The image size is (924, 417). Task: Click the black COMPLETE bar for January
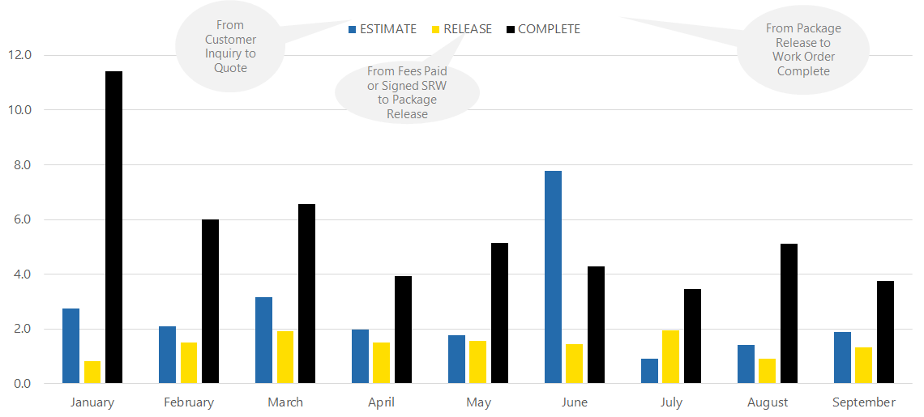(x=114, y=227)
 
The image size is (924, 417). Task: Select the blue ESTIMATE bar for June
(x=553, y=277)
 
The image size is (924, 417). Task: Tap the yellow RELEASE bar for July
(x=671, y=356)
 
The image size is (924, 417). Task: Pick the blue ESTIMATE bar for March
(x=263, y=340)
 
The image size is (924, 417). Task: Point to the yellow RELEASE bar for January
(x=92, y=372)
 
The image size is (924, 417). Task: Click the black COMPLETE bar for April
(x=403, y=330)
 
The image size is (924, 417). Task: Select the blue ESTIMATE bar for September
(x=842, y=357)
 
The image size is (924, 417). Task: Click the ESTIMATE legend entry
(x=383, y=29)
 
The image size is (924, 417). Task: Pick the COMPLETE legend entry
(x=543, y=29)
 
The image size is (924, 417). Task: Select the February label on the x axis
(x=189, y=402)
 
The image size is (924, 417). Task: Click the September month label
(x=864, y=402)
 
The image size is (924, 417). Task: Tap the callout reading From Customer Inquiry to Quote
(x=230, y=47)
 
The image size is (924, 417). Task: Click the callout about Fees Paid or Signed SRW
(x=407, y=92)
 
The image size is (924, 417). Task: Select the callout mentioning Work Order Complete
(x=802, y=50)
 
